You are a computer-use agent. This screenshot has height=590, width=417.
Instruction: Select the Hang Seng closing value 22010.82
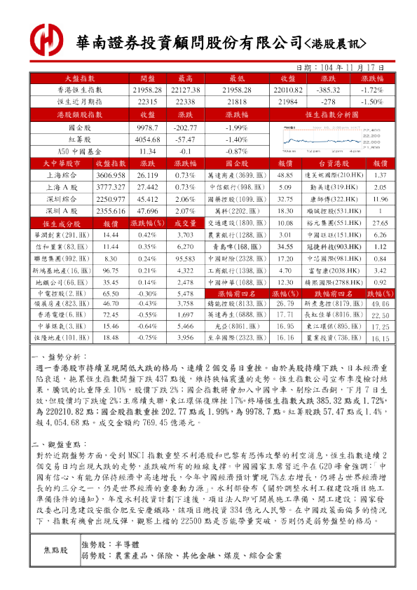click(287, 90)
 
